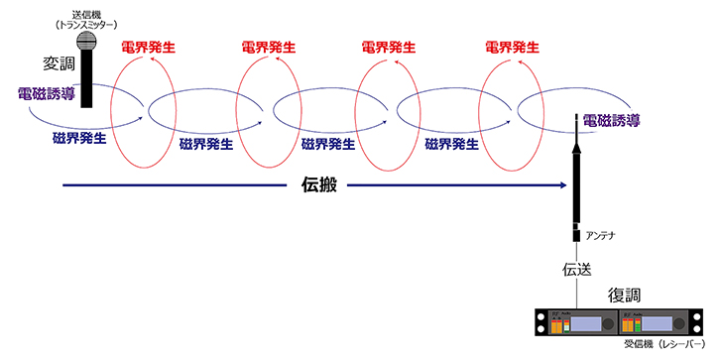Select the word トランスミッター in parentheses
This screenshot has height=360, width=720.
pos(86,23)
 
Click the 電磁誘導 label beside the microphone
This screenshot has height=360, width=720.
pos(46,94)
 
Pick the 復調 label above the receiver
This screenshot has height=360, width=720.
pos(625,295)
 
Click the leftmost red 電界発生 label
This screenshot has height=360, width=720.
pos(148,47)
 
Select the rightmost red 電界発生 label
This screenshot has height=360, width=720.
pos(511,47)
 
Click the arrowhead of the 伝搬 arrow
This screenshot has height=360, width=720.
pos(569,184)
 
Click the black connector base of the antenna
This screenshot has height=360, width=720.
pos(575,234)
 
